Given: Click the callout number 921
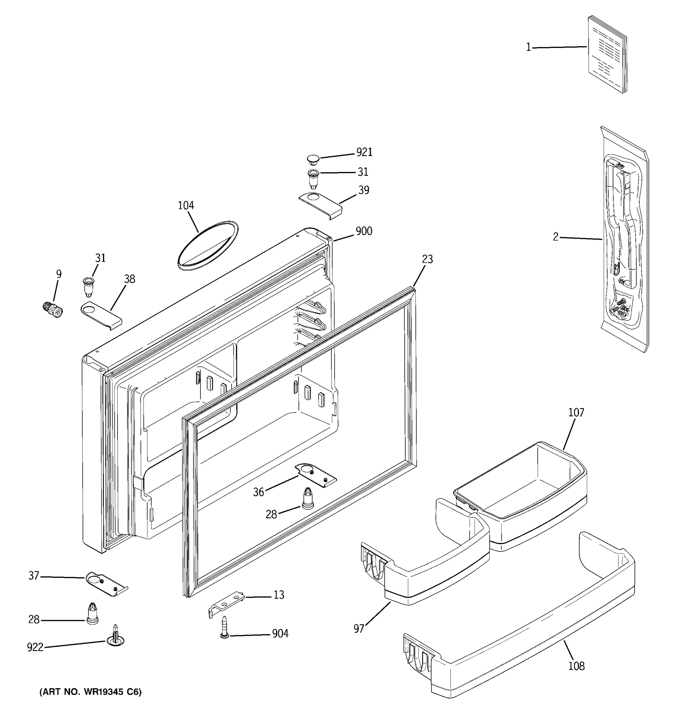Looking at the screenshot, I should tap(364, 152).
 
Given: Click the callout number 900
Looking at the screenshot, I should tap(364, 231).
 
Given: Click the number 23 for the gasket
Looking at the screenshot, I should tap(427, 259).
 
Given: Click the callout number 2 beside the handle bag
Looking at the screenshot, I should tap(556, 237).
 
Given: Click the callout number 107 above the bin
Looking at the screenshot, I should tap(576, 412).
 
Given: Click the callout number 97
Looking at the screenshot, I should tap(358, 629).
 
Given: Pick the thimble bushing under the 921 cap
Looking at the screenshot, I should tap(313, 178).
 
